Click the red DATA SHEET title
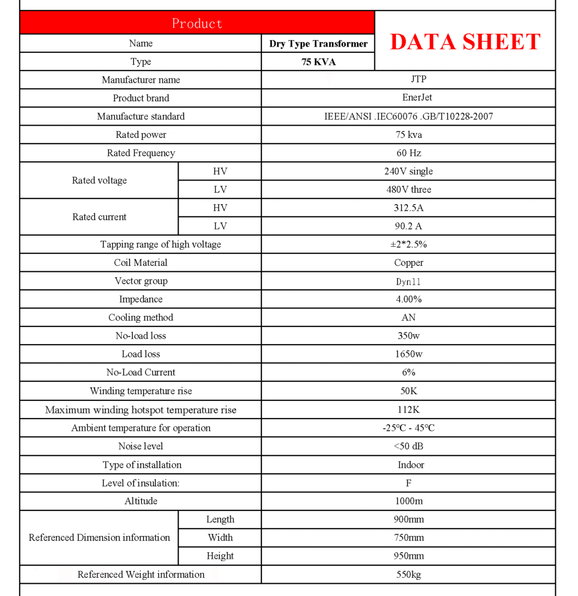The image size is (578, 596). (x=464, y=42)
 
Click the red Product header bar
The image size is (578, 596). (x=197, y=23)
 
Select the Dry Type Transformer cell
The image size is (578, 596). (x=318, y=44)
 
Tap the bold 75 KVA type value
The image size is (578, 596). (x=318, y=62)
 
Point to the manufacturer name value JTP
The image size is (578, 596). (x=409, y=80)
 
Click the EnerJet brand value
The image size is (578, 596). (x=409, y=98)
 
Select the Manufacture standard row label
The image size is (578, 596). (x=141, y=116)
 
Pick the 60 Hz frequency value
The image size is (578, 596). (x=409, y=153)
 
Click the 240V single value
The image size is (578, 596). (x=409, y=171)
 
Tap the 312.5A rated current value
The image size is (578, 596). (x=409, y=208)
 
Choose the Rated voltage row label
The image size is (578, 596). (x=99, y=180)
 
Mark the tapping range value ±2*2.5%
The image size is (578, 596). (x=409, y=244)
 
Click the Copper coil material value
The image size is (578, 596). (x=409, y=262)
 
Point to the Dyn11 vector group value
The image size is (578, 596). (x=409, y=281)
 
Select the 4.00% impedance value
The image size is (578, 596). (x=409, y=299)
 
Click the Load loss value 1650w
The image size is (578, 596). (x=409, y=354)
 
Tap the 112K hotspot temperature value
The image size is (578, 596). (x=409, y=410)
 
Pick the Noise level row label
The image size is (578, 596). (x=141, y=446)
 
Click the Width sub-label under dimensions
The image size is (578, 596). (x=220, y=538)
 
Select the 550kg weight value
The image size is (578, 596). (x=409, y=574)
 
